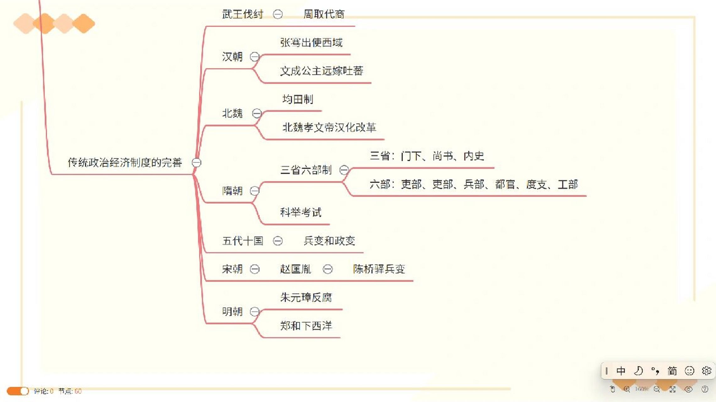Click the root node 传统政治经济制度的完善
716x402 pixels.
point(125,162)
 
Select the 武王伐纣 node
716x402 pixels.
point(242,14)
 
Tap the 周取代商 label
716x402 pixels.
point(324,14)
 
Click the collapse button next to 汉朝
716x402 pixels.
point(254,57)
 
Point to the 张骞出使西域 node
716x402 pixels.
point(311,42)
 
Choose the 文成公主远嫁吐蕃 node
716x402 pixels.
point(321,71)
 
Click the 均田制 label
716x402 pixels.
point(298,99)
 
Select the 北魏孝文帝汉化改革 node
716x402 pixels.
point(329,128)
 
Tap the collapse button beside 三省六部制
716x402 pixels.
point(344,170)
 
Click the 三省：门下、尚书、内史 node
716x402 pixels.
point(427,156)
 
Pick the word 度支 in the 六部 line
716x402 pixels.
point(536,184)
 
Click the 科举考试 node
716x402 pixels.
point(301,213)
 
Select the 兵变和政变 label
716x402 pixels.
point(329,241)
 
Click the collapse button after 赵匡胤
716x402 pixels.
point(328,269)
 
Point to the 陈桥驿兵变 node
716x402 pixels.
point(379,269)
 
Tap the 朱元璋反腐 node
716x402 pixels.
point(306,297)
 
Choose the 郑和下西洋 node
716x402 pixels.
point(306,326)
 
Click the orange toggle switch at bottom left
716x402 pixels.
point(18,391)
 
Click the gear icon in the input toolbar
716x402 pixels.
point(706,371)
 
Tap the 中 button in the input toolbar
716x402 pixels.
point(620,371)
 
